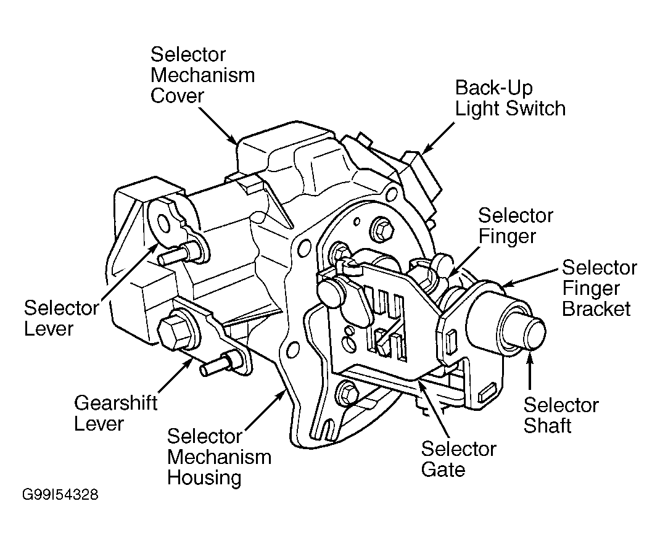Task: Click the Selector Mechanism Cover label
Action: tap(202, 75)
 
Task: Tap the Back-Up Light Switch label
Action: tap(510, 98)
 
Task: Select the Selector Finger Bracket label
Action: tap(600, 288)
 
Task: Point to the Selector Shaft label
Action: tap(561, 415)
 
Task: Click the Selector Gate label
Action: tap(458, 459)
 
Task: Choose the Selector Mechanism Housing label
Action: tap(219, 457)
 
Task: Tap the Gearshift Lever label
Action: tap(115, 413)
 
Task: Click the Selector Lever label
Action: tap(61, 318)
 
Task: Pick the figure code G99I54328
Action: tap(60, 494)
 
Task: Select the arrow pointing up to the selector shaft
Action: tap(529, 372)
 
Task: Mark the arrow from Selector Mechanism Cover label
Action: tap(217, 125)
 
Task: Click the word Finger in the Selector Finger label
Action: tap(507, 236)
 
